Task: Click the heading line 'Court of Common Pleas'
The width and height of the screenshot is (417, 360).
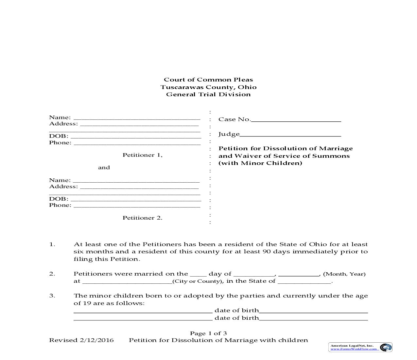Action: [208, 80]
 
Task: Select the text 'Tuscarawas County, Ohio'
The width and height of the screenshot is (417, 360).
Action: [208, 87]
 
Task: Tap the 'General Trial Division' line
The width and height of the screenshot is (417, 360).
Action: [208, 95]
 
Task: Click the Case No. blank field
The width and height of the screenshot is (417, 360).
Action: [296, 120]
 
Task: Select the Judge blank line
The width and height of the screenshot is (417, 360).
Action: [290, 135]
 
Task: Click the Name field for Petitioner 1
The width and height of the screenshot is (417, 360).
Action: [137, 118]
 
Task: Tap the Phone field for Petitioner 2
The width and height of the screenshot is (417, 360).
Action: [137, 206]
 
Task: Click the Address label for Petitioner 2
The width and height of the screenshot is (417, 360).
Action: [63, 187]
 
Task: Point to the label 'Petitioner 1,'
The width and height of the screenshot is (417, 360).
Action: [142, 155]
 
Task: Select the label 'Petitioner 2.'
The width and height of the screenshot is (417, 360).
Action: [142, 218]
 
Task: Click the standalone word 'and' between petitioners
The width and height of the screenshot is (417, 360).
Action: [104, 168]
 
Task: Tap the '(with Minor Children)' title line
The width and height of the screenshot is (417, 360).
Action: [260, 163]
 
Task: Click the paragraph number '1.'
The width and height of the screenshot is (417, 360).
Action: [52, 244]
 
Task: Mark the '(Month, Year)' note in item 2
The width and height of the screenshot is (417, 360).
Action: [344, 274]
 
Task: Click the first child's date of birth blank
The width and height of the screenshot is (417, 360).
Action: [313, 311]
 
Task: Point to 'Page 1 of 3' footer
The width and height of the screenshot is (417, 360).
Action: [208, 333]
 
